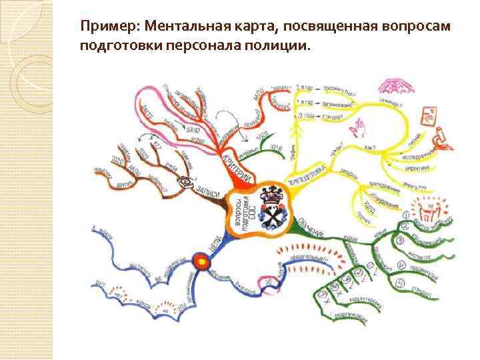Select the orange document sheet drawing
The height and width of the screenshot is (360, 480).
427,117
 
